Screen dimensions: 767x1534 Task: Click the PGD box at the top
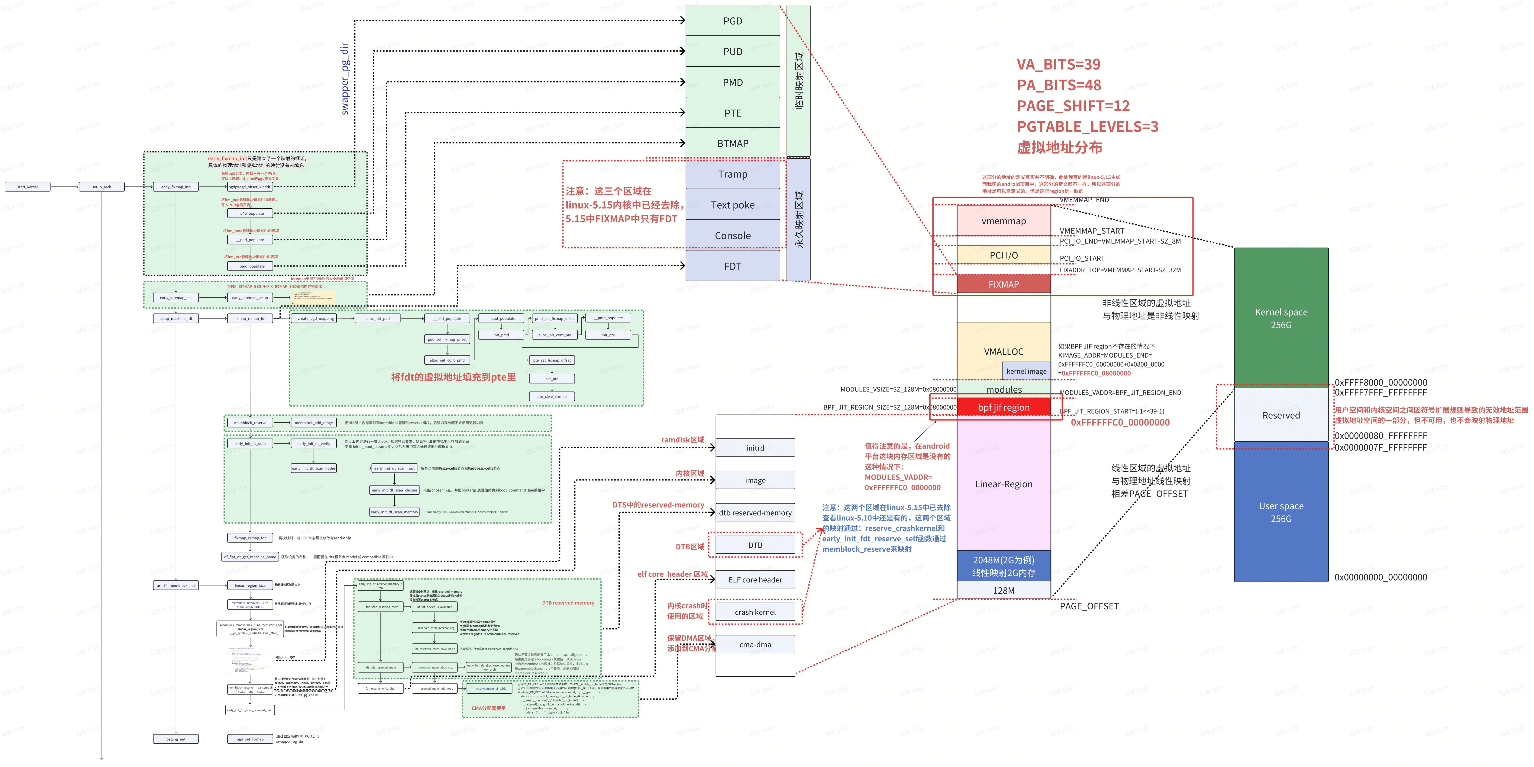tap(732, 21)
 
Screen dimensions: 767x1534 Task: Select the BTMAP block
tap(732, 143)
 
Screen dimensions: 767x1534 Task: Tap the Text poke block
tap(732, 205)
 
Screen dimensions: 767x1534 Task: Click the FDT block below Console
tap(732, 266)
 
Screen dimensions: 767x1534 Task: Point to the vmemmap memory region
tap(1003, 221)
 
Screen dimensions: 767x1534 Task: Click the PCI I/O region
tap(1003, 255)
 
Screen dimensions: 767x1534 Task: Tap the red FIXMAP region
tap(1003, 284)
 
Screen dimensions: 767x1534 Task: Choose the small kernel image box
tap(1026, 371)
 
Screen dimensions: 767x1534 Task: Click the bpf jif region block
tap(1003, 407)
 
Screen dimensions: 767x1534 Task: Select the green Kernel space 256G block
tap(1281, 318)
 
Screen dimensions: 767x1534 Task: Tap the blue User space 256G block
tap(1281, 512)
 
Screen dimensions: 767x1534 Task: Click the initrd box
tap(755, 448)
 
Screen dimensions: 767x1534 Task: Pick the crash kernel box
tap(755, 612)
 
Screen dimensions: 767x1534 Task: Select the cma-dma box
tap(755, 644)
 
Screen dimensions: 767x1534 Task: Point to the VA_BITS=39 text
tap(1058, 64)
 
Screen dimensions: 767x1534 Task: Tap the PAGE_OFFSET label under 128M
tap(1089, 606)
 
